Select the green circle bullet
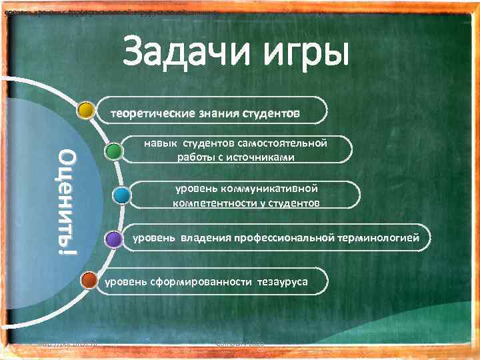coord(114,152)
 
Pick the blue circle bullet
coord(121,195)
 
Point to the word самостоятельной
coord(287,143)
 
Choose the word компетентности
coord(213,202)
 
